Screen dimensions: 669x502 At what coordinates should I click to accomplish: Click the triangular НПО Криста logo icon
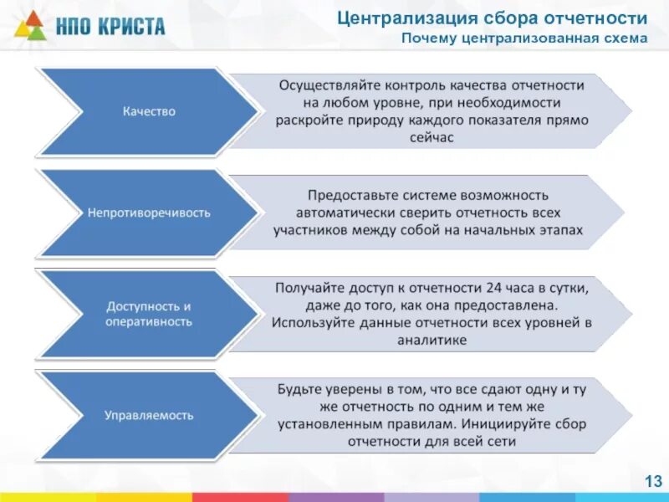(x=29, y=25)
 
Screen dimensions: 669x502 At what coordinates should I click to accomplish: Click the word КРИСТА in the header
(x=134, y=26)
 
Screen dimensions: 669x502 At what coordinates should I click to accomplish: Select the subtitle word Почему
(x=427, y=38)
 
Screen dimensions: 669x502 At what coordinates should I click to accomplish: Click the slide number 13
(x=652, y=480)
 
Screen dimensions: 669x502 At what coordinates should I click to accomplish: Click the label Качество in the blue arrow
(x=149, y=111)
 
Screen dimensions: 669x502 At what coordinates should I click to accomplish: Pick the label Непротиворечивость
(x=149, y=213)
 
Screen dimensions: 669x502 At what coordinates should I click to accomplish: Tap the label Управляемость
(x=149, y=415)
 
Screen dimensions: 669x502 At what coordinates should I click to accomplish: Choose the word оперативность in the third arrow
(x=149, y=321)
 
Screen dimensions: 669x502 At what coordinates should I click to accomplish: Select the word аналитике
(x=433, y=340)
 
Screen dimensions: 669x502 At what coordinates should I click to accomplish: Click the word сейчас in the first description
(x=433, y=138)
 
